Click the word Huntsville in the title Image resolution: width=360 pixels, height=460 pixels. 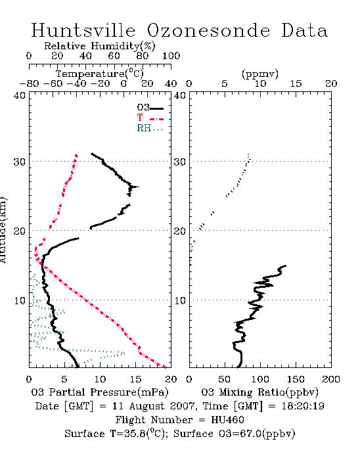pos(83,30)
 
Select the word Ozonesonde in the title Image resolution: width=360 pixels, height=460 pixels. pos(208,30)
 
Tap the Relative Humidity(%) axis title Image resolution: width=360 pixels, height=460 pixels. pos(99,46)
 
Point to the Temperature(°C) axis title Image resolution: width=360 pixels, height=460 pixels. pos(99,74)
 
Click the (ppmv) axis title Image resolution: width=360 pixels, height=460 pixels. pos(260,74)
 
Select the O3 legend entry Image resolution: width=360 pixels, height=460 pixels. pos(150,108)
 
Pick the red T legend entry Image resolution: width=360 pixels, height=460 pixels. pos(150,118)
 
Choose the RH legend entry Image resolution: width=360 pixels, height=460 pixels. pos(150,128)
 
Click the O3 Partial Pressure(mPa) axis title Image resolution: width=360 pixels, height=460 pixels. pos(100,392)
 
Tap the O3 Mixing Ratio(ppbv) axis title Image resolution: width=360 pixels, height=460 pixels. pos(259,392)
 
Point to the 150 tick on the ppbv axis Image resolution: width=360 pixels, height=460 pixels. pos(296,379)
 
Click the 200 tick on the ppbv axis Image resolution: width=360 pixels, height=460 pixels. pos(331,379)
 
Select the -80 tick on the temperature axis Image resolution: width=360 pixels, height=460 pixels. pos(29,84)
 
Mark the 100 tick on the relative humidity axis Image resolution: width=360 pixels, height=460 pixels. pos(171,56)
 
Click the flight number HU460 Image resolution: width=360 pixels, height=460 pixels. pos(227,420)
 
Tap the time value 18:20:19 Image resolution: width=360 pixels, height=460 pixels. pos(303,406)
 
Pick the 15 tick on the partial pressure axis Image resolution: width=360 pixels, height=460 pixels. pos(135,379)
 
